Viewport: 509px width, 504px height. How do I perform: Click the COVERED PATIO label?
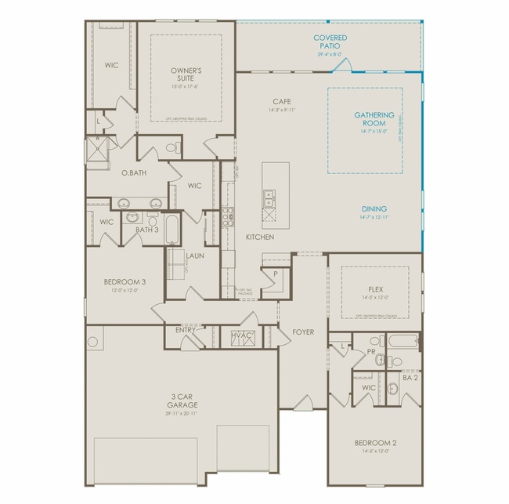coord(330,42)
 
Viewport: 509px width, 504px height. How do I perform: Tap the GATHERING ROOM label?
coord(374,119)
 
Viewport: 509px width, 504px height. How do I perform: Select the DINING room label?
coord(374,208)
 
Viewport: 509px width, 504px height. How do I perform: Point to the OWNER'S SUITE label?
coord(186,74)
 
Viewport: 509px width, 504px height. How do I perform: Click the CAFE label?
coord(283,102)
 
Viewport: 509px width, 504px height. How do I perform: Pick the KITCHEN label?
coord(259,237)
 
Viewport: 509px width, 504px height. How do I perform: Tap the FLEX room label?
coord(375,289)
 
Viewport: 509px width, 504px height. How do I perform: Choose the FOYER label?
coord(303,332)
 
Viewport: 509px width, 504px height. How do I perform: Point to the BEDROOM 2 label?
coord(375,443)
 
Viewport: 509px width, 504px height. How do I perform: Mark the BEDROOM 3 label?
coord(125,281)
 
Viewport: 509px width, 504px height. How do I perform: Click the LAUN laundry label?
coord(195,256)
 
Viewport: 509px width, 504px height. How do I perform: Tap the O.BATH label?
coord(135,172)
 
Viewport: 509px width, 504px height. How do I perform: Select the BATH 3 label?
coord(147,230)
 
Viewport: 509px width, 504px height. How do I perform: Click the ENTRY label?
coord(186,330)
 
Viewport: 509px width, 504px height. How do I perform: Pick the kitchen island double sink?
coord(269,199)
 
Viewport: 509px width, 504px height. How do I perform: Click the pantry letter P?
coord(276,274)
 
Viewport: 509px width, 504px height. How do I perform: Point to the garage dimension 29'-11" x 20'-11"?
coord(181,413)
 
